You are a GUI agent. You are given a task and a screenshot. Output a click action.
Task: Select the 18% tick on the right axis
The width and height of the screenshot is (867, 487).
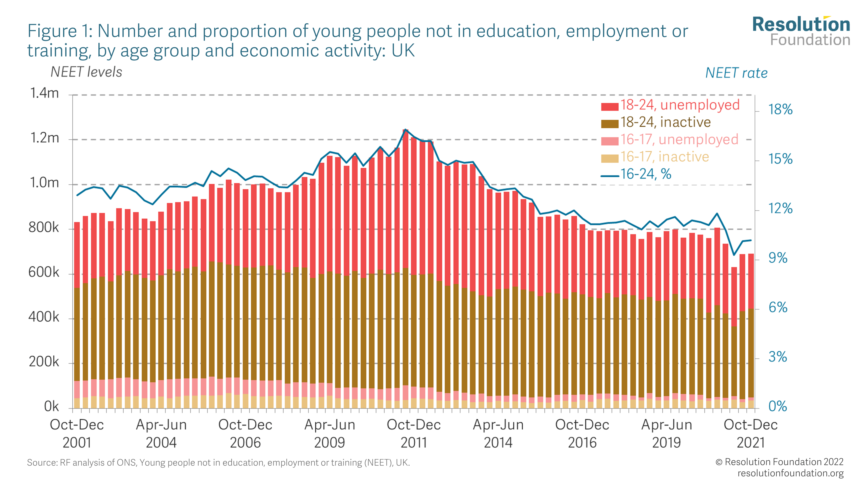[780, 110]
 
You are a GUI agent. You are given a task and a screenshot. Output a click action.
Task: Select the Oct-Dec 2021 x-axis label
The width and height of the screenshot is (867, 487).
[751, 434]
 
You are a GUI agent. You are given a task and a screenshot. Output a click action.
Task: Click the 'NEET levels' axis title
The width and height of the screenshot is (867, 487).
[86, 72]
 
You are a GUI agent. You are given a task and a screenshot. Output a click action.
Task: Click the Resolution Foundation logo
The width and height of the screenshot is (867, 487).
[801, 31]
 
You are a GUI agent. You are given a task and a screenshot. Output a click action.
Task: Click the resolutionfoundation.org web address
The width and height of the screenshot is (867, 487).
[790, 473]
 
